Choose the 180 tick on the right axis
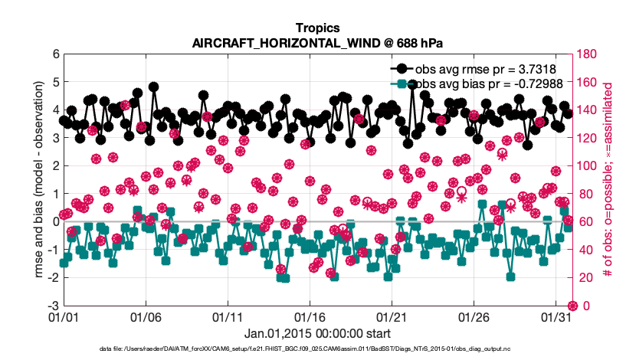pos(589,54)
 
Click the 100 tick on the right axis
pos(589,166)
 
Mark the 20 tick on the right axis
pos(586,278)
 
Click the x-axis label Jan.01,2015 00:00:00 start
pos(318,333)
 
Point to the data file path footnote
pos(318,349)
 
